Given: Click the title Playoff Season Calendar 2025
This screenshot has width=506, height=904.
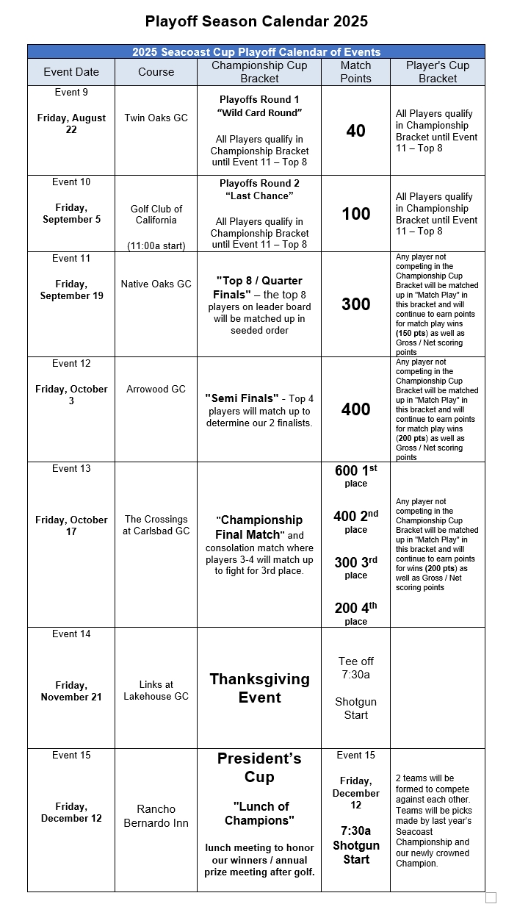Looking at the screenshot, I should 256,21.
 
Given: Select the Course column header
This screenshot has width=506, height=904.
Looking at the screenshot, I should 156,72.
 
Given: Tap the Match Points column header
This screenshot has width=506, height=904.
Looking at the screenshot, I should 355,72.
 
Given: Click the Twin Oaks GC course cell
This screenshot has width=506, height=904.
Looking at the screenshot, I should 156,118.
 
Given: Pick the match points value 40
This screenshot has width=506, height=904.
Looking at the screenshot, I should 355,131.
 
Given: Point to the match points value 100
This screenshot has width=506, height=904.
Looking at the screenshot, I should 355,214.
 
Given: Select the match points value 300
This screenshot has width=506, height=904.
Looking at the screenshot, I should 355,304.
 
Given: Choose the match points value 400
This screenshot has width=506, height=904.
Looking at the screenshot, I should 355,409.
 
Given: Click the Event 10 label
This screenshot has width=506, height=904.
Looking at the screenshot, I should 71,182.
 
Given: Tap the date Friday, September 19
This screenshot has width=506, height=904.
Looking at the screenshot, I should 71,290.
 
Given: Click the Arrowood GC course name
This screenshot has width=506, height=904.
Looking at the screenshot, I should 156,389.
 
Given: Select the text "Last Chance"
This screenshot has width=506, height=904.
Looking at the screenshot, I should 259,196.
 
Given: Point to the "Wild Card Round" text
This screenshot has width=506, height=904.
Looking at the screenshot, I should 259,112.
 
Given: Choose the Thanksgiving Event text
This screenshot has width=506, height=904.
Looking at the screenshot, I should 259,688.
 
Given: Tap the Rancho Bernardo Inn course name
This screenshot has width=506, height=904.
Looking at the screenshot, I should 156,816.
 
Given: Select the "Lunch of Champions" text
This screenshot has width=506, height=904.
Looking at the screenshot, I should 259,813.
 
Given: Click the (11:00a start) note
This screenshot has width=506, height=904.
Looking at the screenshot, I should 156,245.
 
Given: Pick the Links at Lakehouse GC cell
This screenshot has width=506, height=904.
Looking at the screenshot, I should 156,690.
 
